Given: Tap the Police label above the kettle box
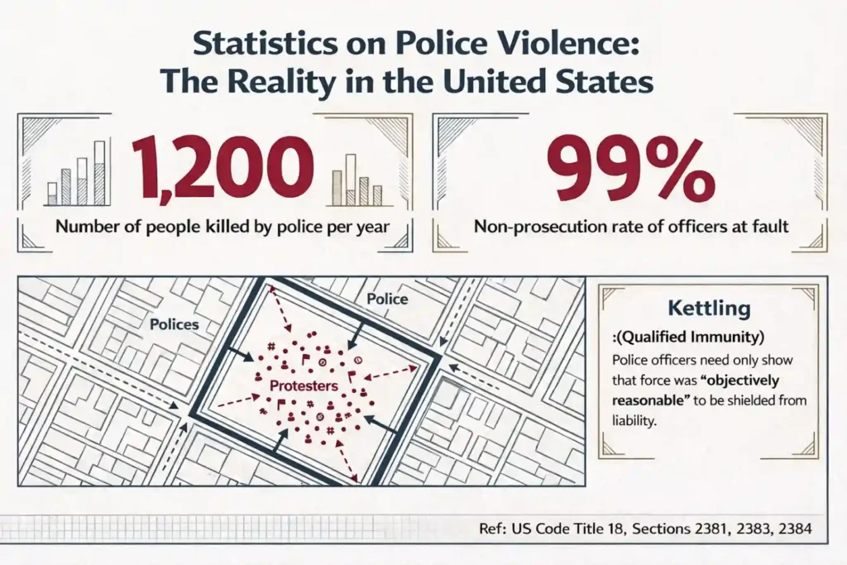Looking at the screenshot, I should pyautogui.click(x=387, y=298).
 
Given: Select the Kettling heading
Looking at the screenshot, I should pyautogui.click(x=709, y=309).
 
